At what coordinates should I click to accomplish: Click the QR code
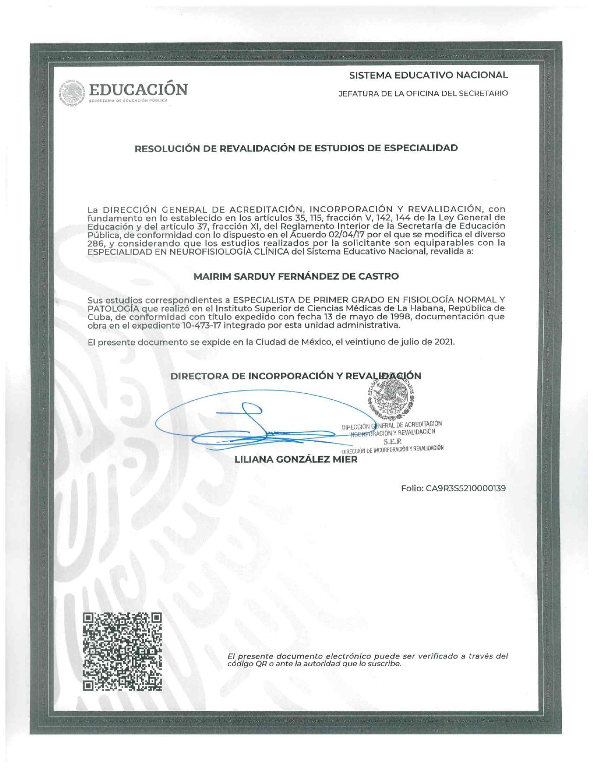[x=122, y=652]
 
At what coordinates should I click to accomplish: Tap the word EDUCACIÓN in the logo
[x=138, y=89]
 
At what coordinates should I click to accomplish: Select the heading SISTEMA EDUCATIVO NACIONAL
[x=428, y=75]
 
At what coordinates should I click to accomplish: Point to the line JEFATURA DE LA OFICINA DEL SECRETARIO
[x=423, y=94]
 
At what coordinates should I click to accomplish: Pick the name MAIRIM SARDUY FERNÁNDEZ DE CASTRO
[x=296, y=276]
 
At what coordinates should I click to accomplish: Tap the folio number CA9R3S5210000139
[x=466, y=488]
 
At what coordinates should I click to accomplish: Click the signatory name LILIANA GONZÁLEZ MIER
[x=296, y=459]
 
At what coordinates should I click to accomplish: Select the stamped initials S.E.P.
[x=393, y=441]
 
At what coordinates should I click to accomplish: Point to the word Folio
[x=412, y=488]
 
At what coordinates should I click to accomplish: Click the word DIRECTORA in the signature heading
[x=199, y=376]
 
